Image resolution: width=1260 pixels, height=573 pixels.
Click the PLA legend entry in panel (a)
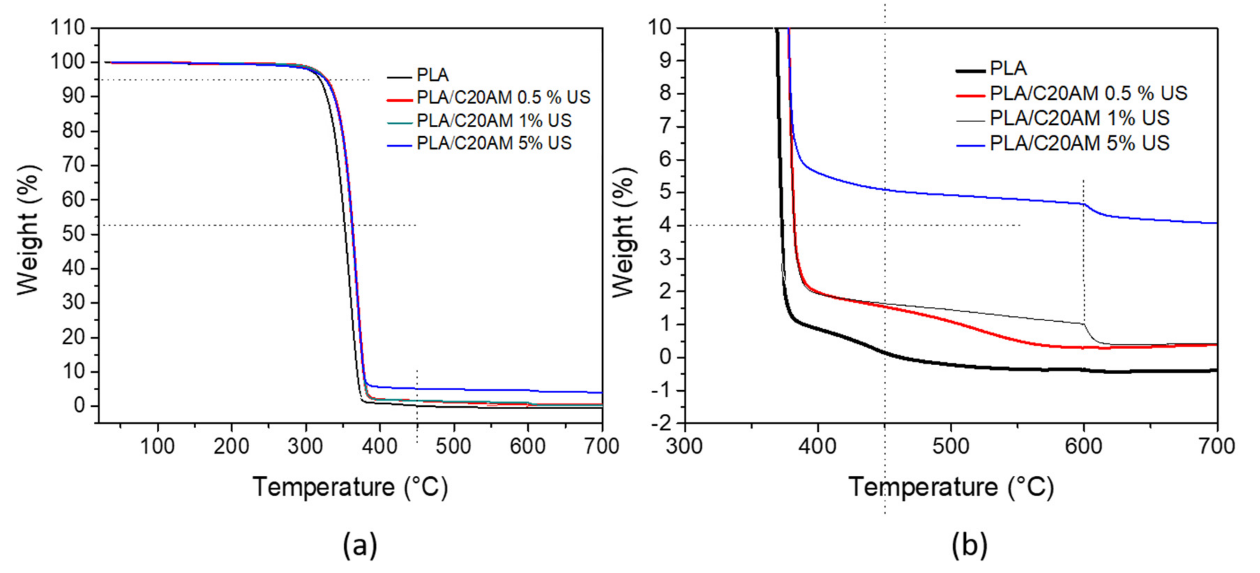pyautogui.click(x=432, y=75)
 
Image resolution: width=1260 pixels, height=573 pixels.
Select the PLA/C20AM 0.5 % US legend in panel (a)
pyautogui.click(x=503, y=98)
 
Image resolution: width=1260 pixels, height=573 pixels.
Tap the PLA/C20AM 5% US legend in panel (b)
pyautogui.click(x=1079, y=143)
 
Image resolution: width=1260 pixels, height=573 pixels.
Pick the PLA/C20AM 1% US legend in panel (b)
pyautogui.click(x=1079, y=118)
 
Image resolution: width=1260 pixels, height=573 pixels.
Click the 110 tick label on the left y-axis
pyautogui.click(x=68, y=28)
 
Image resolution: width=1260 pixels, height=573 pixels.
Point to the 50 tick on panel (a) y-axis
pyautogui.click(x=73, y=234)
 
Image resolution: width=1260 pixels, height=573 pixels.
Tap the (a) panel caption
pyautogui.click(x=360, y=545)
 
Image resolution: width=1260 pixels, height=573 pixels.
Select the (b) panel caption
pyautogui.click(x=969, y=545)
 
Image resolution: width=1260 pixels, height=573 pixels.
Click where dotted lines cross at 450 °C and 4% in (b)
pyautogui.click(x=885, y=226)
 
